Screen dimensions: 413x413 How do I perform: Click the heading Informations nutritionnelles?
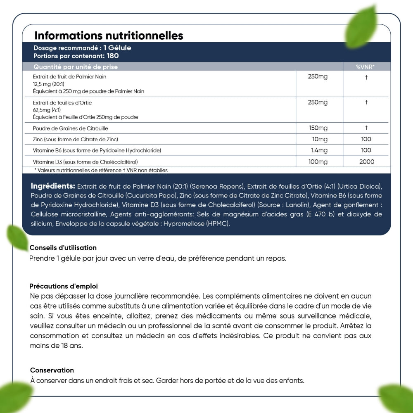pos(109,36)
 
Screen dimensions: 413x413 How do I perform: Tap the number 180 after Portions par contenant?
pos(113,56)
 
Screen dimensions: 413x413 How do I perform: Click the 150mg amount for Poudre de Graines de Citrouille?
pos(318,128)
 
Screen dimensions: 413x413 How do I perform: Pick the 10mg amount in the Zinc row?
pos(320,139)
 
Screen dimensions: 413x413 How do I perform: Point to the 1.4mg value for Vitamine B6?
pos(319,150)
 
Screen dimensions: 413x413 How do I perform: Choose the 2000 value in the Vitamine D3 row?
pos(367,161)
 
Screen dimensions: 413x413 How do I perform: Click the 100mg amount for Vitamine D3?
pos(318,161)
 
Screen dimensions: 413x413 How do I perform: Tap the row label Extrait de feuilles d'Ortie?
pos(62,102)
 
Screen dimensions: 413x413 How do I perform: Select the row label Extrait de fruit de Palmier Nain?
pos(72,76)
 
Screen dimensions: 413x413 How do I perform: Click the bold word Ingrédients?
pos(53,186)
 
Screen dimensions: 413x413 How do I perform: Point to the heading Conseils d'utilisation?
pos(63,248)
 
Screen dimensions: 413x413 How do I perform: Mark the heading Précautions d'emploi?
pos(64,286)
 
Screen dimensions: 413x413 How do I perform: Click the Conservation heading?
pos(52,370)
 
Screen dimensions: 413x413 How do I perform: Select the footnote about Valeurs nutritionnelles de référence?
pos(101,170)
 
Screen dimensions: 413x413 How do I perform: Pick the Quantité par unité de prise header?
pos(76,67)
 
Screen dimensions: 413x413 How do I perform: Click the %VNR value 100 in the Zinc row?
pos(366,139)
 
